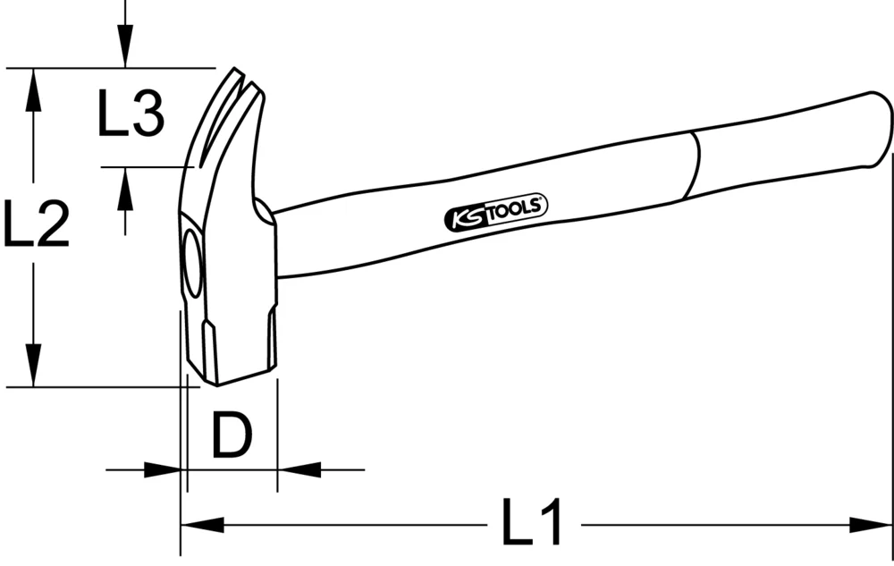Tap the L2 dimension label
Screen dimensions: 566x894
tap(36, 224)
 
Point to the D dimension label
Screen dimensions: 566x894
tap(232, 435)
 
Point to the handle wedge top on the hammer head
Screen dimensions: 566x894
tap(265, 212)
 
